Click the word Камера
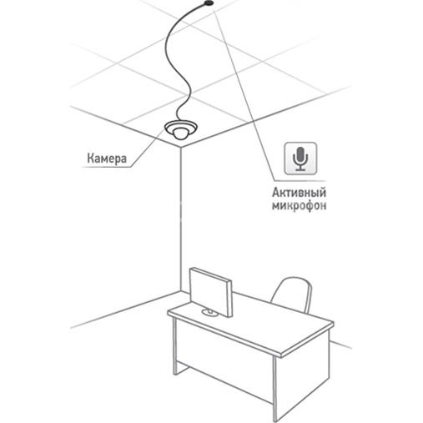[107, 159]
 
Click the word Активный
[299, 193]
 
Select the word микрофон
[299, 206]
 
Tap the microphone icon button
[300, 159]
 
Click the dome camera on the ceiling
[181, 129]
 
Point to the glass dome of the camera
[180, 133]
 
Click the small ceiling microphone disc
[209, 3]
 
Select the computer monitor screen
[211, 292]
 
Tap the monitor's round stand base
[210, 313]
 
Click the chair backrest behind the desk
[292, 294]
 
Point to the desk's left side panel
[175, 346]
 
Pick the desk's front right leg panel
[275, 389]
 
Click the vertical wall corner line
[180, 219]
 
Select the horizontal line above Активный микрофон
[300, 181]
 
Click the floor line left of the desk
[125, 310]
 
